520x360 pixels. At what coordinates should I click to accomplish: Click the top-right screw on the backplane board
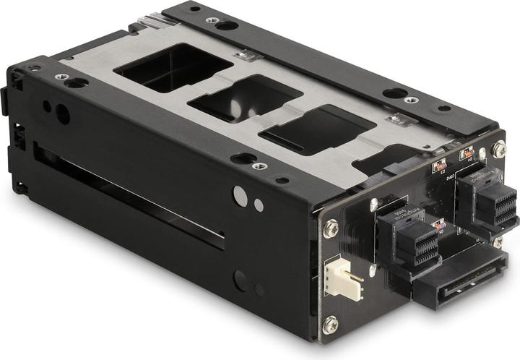pyautogui.click(x=498, y=150)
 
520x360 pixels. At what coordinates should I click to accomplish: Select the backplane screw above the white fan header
pyautogui.click(x=331, y=228)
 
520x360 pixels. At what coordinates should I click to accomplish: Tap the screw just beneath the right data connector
pyautogui.click(x=497, y=242)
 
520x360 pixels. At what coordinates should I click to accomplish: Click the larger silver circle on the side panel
pyautogui.click(x=239, y=194)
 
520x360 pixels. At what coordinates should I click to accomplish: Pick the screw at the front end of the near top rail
pyautogui.click(x=60, y=77)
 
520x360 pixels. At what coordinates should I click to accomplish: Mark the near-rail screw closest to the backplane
pyautogui.click(x=260, y=166)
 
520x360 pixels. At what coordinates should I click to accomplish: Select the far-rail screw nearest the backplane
pyautogui.click(x=410, y=100)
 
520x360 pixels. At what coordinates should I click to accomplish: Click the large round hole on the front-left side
pyautogui.click(x=63, y=114)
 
